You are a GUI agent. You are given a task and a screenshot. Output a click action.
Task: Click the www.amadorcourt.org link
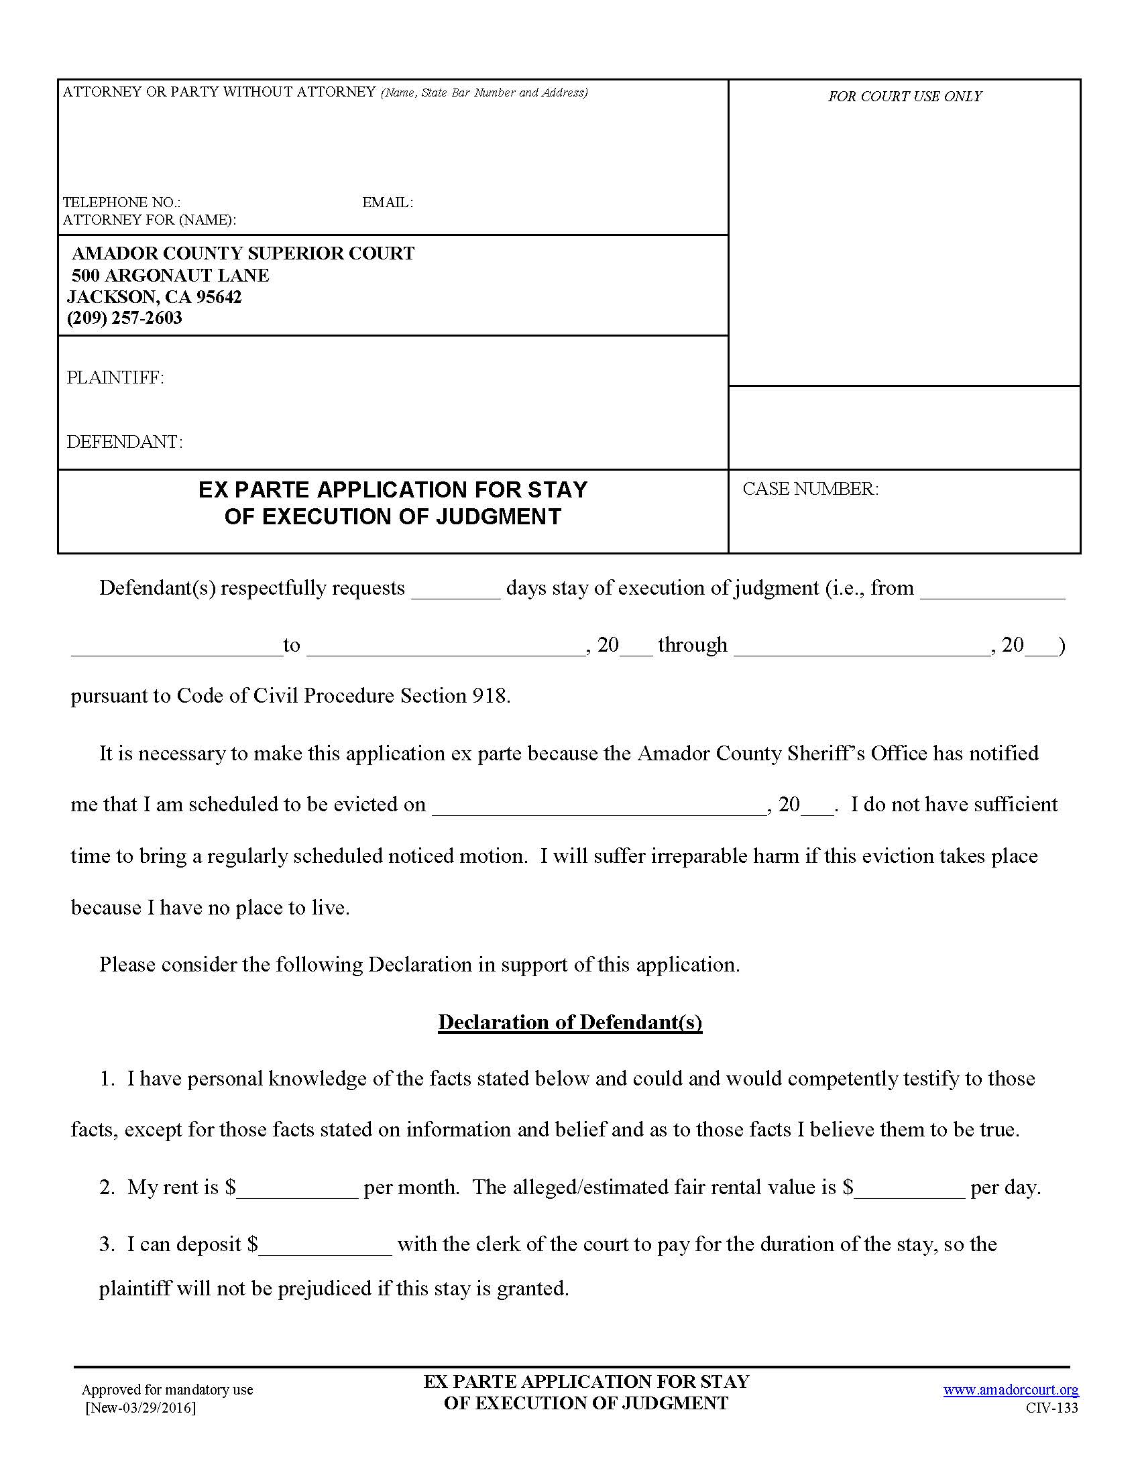[1011, 1389]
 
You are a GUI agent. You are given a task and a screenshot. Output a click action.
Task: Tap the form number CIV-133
[1051, 1407]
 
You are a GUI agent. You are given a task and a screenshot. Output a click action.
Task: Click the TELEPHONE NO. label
[121, 202]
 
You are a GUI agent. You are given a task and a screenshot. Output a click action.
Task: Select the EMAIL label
[388, 202]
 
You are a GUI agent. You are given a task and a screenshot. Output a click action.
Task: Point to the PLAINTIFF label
[115, 377]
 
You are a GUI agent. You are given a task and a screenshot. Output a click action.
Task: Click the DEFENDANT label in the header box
[124, 442]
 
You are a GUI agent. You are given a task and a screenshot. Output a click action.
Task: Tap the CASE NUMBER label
[811, 489]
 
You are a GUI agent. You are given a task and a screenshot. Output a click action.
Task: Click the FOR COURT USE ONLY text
[905, 97]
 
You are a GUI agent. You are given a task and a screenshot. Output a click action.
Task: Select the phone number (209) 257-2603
[125, 318]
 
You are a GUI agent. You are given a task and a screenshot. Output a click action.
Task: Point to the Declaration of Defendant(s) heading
[570, 1022]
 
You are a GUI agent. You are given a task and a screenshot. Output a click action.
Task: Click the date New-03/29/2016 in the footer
[141, 1407]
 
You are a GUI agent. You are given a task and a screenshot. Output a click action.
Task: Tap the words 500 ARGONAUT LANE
[170, 276]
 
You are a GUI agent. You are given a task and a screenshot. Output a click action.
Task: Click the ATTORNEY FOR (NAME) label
[150, 219]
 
